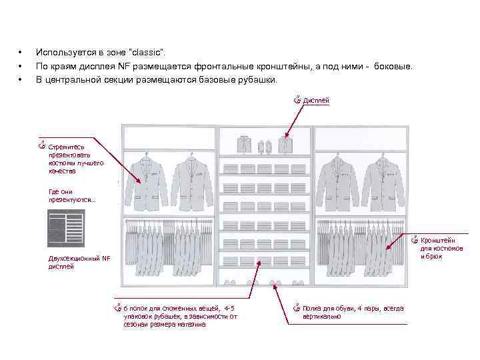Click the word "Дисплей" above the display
316,101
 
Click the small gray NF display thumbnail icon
65,229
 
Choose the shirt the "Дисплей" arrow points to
286,144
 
